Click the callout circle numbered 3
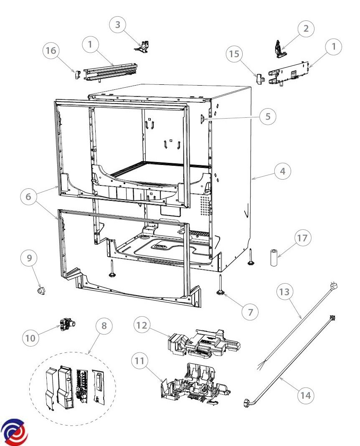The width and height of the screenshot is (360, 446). pos(118,25)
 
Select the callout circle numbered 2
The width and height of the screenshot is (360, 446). pos(306,28)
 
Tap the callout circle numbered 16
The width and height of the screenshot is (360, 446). pos(51,51)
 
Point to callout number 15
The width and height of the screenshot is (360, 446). pos(234,54)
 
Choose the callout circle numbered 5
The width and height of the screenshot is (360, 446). pos(268,117)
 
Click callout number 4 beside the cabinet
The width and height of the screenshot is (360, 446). pos(282,171)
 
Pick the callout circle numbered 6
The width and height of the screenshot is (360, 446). pos(28,197)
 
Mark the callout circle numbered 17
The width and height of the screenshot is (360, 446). pos(302,238)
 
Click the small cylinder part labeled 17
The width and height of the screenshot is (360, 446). pos(274,258)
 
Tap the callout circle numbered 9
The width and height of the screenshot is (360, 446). pos(29,258)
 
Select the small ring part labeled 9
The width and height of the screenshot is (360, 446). pos(41,291)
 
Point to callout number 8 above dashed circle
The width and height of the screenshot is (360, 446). pos(104,326)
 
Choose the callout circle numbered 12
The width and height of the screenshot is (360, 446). pos(142,325)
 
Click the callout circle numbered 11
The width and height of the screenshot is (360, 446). pos(139,361)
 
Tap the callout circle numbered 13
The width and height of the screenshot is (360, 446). pos(284,292)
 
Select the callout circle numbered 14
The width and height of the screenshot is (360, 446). pos(306,395)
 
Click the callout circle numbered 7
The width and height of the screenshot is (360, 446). pos(250,312)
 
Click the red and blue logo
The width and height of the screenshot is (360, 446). pos(14,432)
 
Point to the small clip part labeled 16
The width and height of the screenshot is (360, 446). pos(78,74)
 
